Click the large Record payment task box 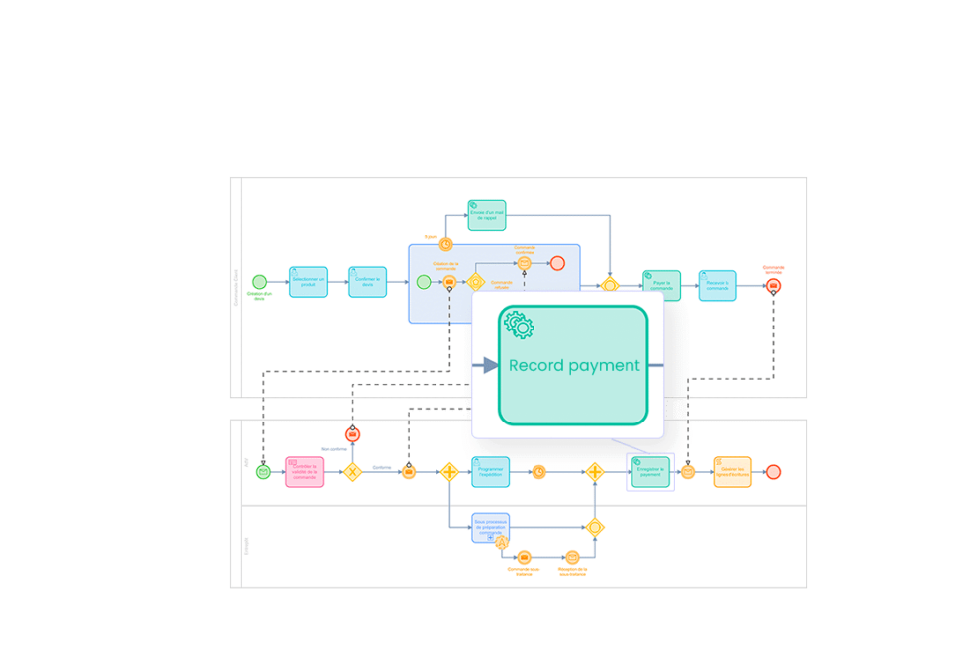(x=573, y=365)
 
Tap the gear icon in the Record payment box (x=519, y=325)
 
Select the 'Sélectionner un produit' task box (x=308, y=282)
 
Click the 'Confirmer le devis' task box (x=367, y=282)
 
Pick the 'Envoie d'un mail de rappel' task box (x=487, y=215)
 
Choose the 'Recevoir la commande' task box (x=718, y=286)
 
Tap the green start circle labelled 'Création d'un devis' (x=259, y=282)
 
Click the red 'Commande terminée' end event (x=773, y=286)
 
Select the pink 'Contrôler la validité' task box (x=305, y=472)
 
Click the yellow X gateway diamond (x=352, y=472)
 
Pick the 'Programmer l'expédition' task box (x=490, y=472)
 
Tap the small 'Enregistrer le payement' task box (x=650, y=472)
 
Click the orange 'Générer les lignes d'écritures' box (x=731, y=472)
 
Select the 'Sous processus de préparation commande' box (x=490, y=527)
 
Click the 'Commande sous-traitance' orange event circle (x=524, y=557)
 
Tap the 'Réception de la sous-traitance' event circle (x=572, y=557)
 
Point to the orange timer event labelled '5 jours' (x=445, y=244)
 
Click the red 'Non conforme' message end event (x=352, y=434)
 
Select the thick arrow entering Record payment (x=485, y=365)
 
